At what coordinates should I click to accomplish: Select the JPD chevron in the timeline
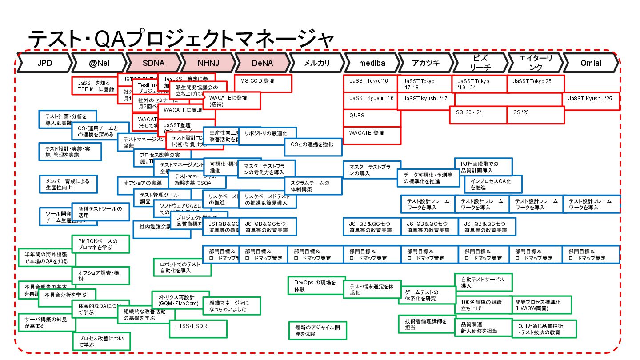(x=44, y=63)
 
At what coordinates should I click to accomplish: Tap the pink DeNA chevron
(x=262, y=63)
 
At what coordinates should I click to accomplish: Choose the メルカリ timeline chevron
(x=317, y=63)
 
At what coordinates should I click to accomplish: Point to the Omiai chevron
(x=591, y=63)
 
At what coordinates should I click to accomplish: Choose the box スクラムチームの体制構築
(x=313, y=186)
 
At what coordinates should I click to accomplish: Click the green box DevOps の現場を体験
(x=316, y=285)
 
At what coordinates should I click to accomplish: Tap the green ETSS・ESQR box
(x=198, y=328)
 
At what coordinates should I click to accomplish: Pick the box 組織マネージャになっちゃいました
(x=231, y=306)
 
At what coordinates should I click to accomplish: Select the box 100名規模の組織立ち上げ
(x=483, y=305)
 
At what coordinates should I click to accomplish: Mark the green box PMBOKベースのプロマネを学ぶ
(x=101, y=244)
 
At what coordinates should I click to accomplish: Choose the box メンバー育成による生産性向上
(x=68, y=184)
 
